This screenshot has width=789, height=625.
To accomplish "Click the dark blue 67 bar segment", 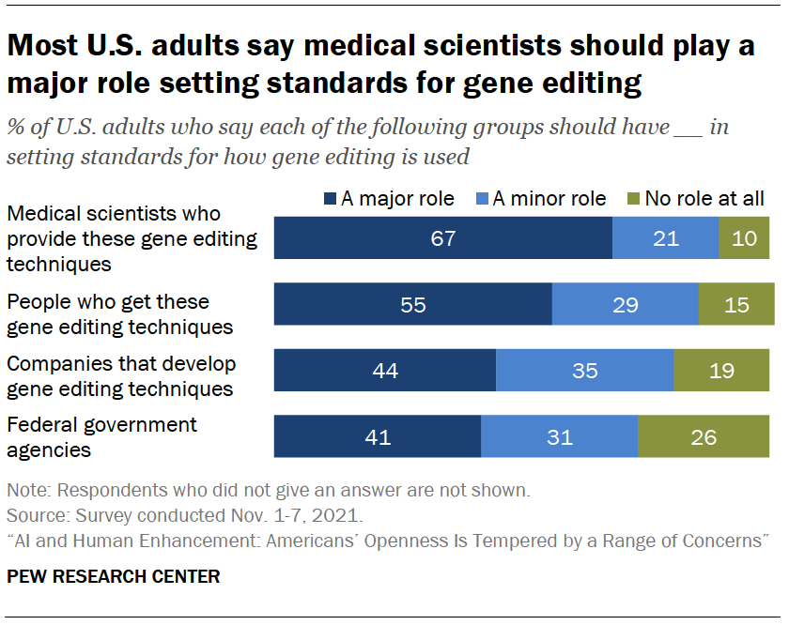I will click(x=442, y=238).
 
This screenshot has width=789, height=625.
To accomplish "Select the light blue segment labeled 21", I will click(x=665, y=238).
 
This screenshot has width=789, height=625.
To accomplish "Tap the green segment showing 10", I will click(x=744, y=238).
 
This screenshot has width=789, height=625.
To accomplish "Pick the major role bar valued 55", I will click(x=412, y=304).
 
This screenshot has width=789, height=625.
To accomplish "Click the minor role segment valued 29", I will click(x=625, y=304).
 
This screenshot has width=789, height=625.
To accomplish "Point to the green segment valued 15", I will click(x=736, y=304).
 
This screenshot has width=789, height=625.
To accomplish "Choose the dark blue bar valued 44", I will click(x=384, y=370).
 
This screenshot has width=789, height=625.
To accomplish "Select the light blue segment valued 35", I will click(x=584, y=370).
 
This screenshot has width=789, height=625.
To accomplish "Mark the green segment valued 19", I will click(x=722, y=370).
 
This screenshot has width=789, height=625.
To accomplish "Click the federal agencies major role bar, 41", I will click(x=377, y=436).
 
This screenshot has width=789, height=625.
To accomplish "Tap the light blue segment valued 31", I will click(x=559, y=436).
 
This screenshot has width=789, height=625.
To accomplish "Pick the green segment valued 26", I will click(x=704, y=436).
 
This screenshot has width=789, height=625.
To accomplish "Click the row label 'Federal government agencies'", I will click(x=101, y=436).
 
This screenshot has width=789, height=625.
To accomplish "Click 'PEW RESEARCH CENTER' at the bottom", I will click(x=113, y=576).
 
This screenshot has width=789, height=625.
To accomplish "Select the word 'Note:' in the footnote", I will click(x=27, y=490).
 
